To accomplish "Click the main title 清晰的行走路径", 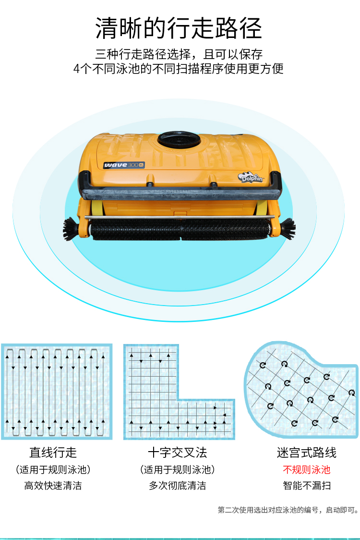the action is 179,28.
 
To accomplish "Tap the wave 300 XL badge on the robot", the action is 124,165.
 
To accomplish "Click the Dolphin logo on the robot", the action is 251,177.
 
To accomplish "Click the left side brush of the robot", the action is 72,228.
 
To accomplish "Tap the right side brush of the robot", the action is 288,228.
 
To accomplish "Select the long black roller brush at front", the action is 180,230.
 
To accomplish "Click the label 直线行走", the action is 53,453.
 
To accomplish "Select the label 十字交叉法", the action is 178,453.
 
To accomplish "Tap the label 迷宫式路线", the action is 307,453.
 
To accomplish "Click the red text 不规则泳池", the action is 307,469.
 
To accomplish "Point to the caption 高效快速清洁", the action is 53,486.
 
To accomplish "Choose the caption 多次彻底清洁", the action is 178,486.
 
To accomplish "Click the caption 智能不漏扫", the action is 307,486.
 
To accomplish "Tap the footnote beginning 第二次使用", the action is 288,510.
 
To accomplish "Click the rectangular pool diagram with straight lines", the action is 57,392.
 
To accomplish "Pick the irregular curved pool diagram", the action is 301,390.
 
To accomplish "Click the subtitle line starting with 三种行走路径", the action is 179,54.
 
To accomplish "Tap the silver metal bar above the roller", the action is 180,217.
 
